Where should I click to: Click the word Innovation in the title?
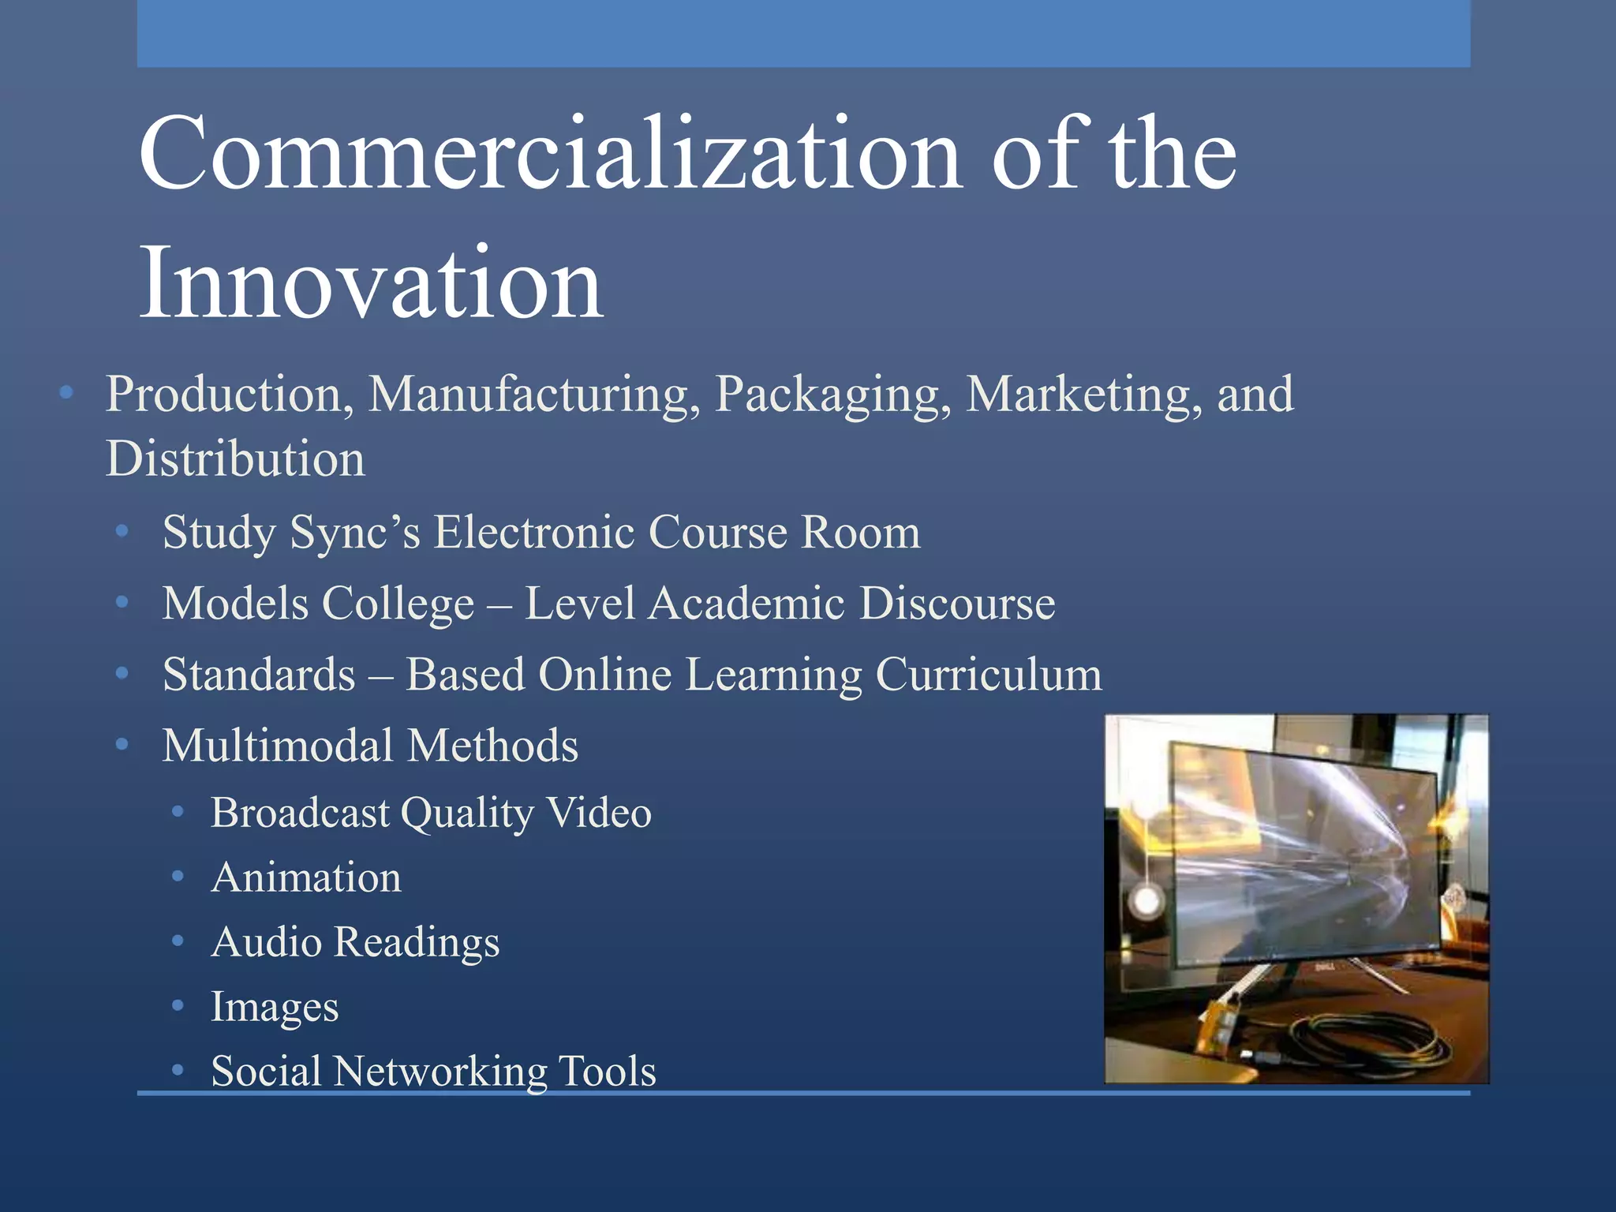(371, 284)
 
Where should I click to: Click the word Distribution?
(236, 459)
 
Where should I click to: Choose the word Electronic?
(534, 532)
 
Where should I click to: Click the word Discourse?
(957, 604)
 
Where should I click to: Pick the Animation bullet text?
(306, 877)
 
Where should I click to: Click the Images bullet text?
(275, 1008)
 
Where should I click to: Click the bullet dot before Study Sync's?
(122, 533)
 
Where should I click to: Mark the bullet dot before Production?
(66, 392)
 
